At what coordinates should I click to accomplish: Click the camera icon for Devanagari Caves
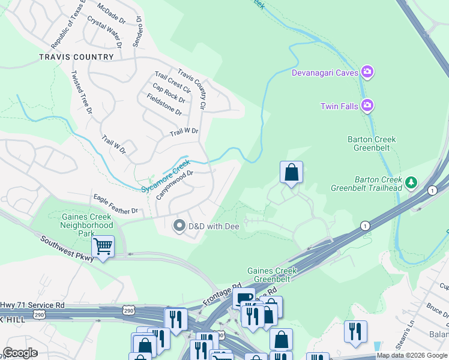[x=368, y=73]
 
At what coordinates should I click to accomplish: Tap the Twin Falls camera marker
[x=368, y=106]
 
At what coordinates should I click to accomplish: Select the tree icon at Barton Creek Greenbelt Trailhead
[x=411, y=182]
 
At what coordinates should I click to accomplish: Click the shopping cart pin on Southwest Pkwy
[x=103, y=246]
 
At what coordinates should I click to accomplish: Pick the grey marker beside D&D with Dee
[x=179, y=226]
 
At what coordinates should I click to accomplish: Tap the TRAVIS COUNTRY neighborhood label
[x=76, y=57]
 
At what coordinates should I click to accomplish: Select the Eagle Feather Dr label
[x=115, y=204]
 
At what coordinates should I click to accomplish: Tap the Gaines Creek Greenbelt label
[x=272, y=275]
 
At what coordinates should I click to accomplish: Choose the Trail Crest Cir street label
[x=172, y=82]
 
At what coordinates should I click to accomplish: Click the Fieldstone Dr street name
[x=160, y=104]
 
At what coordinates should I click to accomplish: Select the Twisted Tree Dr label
[x=81, y=92]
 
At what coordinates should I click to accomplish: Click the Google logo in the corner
[x=20, y=353]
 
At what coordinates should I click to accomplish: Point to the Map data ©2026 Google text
[x=412, y=355]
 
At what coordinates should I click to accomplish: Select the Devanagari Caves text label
[x=325, y=73]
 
